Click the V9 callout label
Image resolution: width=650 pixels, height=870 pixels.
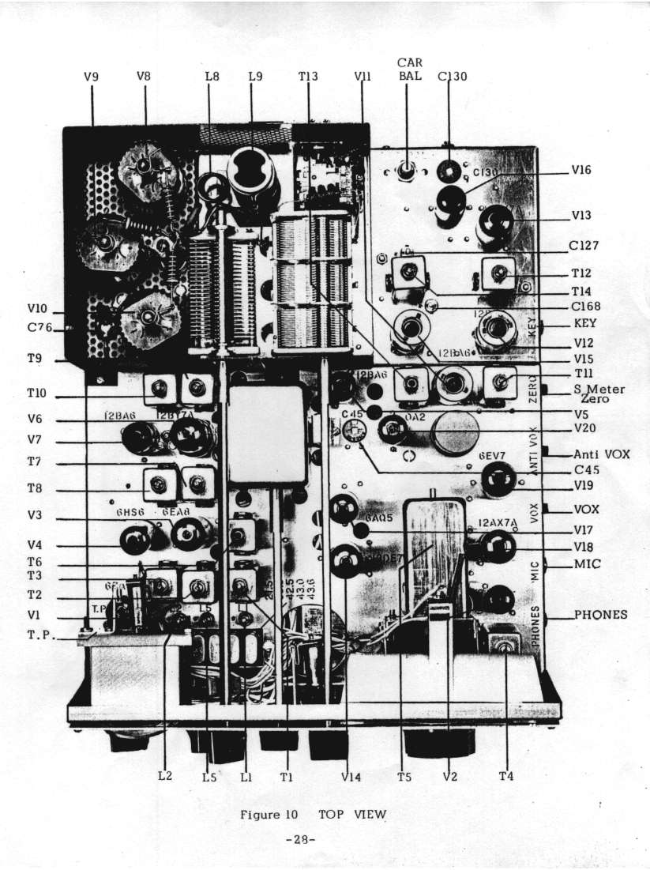pos(92,77)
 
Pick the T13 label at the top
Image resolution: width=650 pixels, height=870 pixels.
pos(308,77)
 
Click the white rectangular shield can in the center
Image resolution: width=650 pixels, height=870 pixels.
pos(266,432)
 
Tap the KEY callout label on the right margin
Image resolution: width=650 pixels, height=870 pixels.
pos(585,324)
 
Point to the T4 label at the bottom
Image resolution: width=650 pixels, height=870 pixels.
pos(506,776)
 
